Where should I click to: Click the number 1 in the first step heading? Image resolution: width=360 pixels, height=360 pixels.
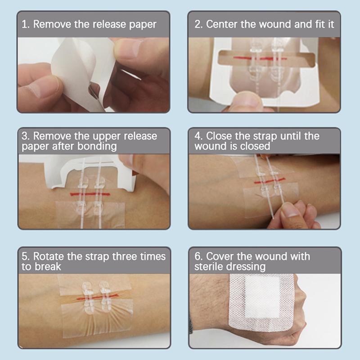25,24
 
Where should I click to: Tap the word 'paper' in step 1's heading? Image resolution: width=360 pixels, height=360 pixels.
143,25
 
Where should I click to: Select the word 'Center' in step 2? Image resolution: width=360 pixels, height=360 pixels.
221,24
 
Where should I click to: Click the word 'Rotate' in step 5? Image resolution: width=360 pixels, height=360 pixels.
49,256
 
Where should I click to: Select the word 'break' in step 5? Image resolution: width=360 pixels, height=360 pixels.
48,266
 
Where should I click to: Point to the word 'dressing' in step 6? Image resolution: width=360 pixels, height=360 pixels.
246,267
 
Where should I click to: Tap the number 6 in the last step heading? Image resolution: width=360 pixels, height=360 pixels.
198,256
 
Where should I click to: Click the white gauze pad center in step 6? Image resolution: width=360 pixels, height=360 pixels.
262,297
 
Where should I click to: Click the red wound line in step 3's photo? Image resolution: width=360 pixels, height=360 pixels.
90,194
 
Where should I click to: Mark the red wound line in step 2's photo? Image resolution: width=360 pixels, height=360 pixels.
260,58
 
